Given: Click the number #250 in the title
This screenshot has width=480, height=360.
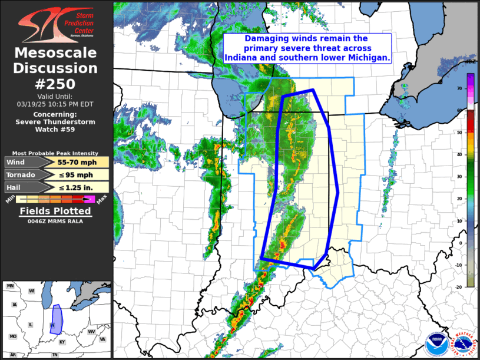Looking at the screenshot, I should (56, 83).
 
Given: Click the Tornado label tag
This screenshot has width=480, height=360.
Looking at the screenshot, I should (22, 174).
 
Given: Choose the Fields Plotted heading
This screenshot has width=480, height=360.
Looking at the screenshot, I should (55, 211).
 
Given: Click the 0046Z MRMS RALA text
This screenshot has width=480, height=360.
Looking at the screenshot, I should (55, 221).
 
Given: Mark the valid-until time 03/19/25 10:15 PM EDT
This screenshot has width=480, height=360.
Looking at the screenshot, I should (55, 104).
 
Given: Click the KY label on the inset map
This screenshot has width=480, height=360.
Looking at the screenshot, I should (62, 342).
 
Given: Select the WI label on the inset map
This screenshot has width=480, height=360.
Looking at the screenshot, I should (32, 291).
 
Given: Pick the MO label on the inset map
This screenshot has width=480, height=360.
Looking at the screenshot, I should (14, 336).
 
